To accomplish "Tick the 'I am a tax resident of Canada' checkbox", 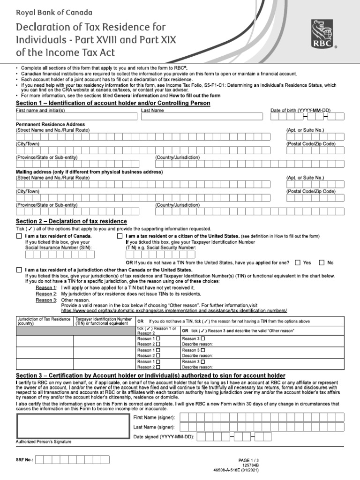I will coord(19,236).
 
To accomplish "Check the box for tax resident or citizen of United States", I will coord(120,236).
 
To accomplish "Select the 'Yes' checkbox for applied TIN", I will coord(297,263).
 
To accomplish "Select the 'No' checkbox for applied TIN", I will coord(322,263).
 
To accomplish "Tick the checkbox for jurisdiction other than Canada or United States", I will coord(19,270).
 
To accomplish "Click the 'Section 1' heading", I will coord(113,103).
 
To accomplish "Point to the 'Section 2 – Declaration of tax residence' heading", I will coord(71,221).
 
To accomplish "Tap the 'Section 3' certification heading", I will coord(150,376).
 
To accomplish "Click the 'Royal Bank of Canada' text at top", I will coord(54,13).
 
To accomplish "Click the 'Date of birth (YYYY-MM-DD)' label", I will coord(300,110).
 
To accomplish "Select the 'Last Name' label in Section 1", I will coord(152,110).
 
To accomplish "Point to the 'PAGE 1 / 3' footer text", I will coord(248,460).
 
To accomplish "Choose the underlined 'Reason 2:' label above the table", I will coord(46,293).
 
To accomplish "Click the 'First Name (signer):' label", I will coord(154,417).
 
